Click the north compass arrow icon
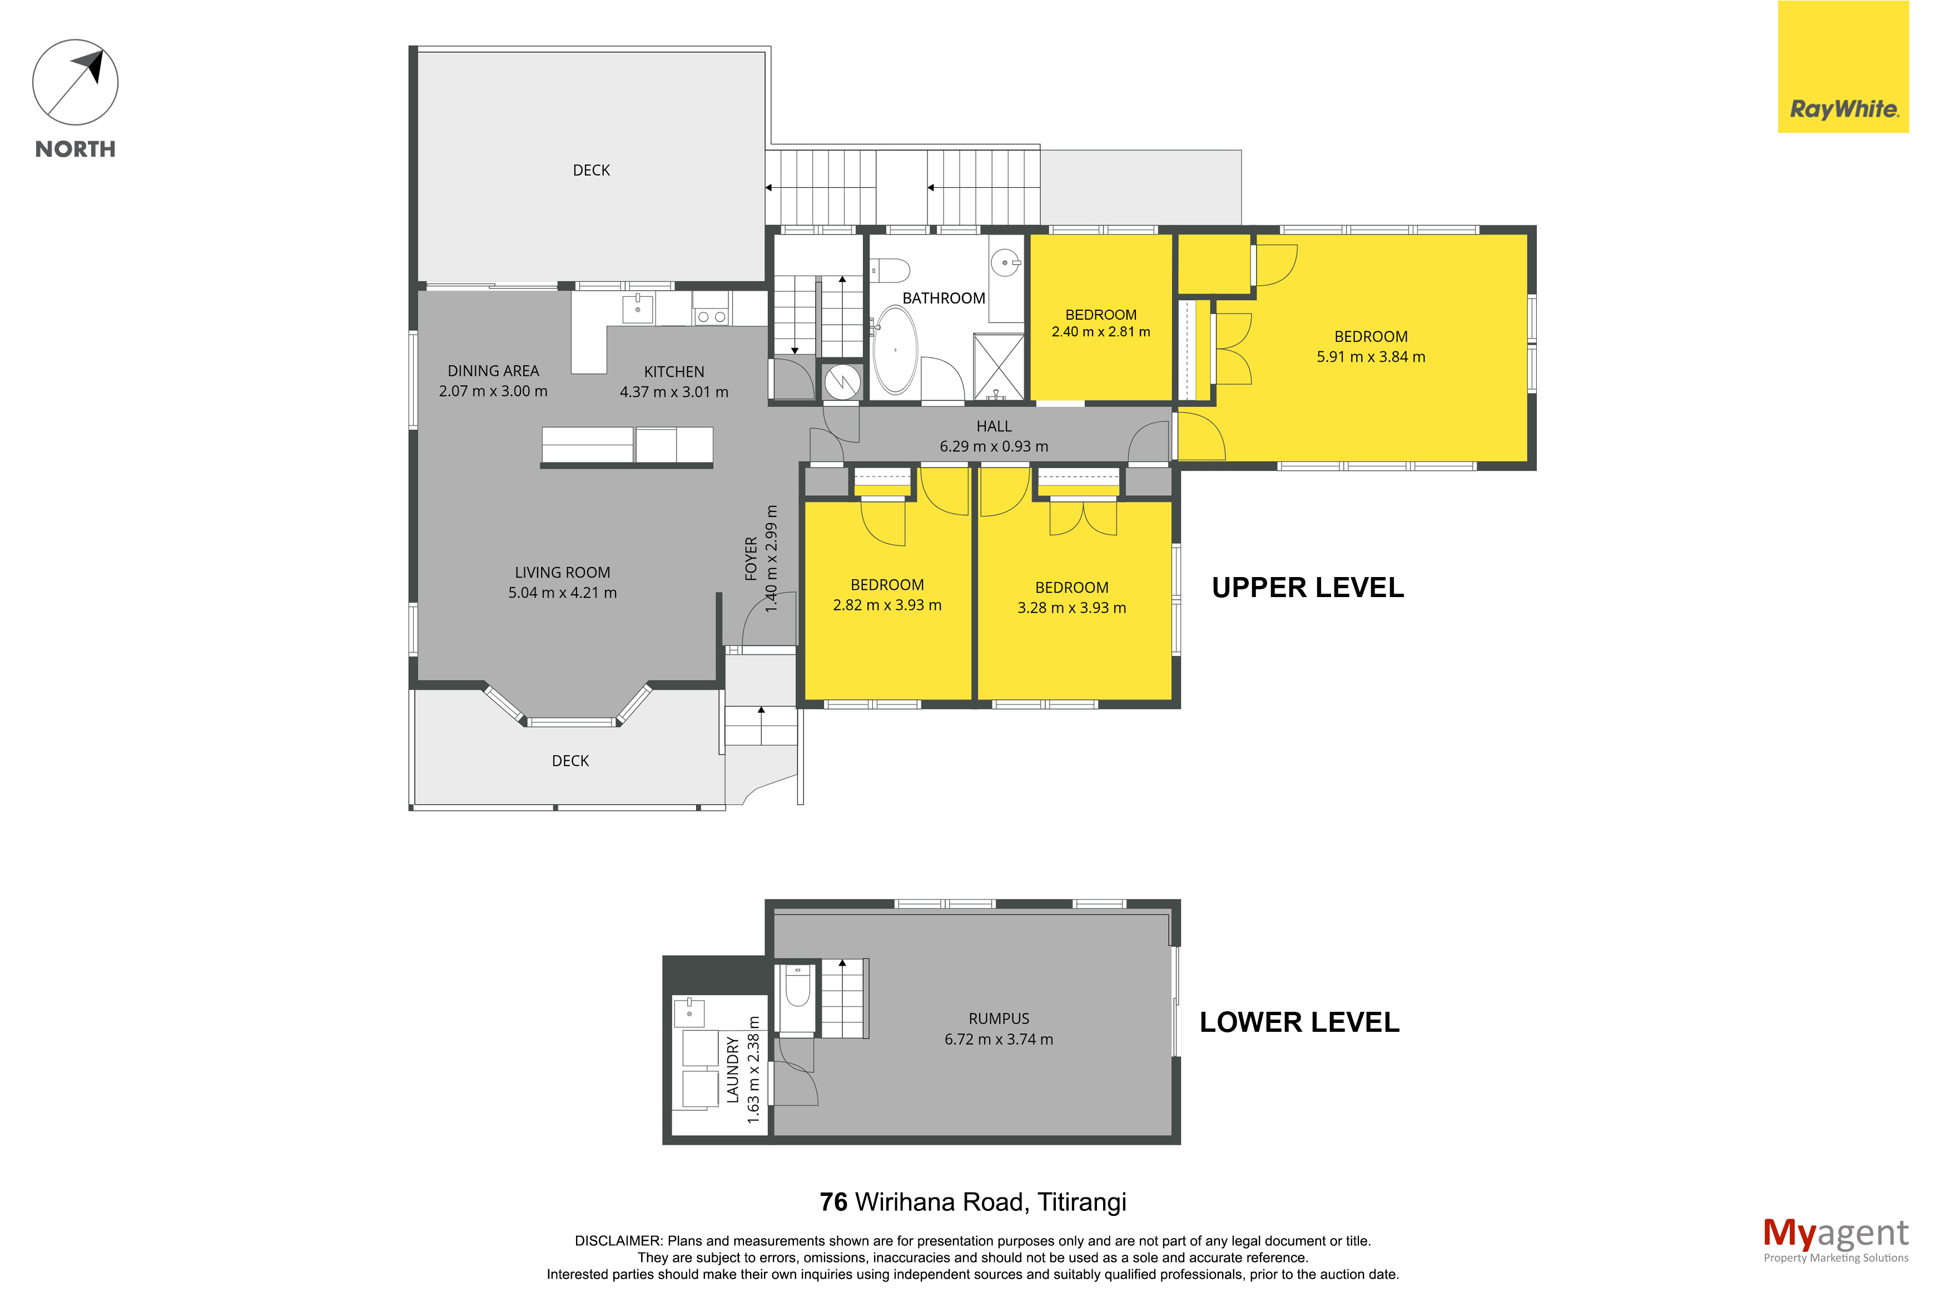75,83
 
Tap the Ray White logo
1843,66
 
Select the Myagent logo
1835,1240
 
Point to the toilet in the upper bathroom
890,270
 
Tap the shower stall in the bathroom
998,366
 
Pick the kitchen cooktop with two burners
711,316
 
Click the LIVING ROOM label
562,573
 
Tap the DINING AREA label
493,371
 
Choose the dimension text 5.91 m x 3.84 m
1371,356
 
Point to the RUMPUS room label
999,1018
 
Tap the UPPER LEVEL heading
1308,587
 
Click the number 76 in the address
833,1202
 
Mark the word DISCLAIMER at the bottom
618,1241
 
